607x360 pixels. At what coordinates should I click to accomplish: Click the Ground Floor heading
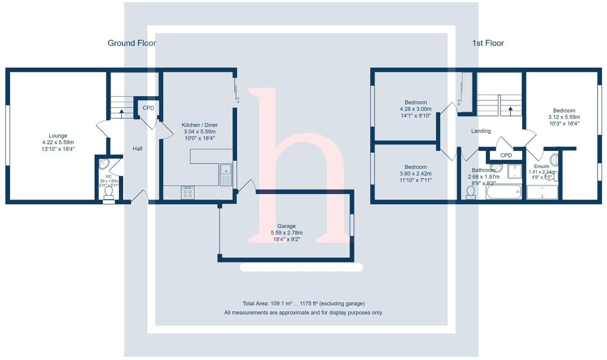(132, 43)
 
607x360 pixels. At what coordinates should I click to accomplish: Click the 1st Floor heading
(488, 43)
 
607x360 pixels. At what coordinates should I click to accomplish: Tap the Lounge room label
(58, 136)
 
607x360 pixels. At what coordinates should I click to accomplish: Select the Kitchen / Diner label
(199, 125)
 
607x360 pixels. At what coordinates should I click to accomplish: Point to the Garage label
(286, 226)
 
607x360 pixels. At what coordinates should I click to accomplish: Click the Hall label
(137, 149)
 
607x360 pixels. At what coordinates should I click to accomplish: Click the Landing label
(481, 131)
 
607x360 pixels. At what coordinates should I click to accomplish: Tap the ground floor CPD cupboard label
(148, 108)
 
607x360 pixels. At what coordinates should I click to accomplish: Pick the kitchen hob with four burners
(187, 193)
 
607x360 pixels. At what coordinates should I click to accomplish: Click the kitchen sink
(226, 174)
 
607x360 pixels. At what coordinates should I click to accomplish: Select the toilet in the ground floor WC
(109, 192)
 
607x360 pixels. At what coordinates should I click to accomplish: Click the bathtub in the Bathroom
(504, 192)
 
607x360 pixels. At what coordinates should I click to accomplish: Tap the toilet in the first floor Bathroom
(470, 192)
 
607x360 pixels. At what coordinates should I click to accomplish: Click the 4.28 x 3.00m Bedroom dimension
(415, 109)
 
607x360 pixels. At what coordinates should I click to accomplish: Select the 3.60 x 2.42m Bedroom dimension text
(415, 174)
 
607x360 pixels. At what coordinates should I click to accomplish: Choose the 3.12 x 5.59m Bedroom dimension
(564, 117)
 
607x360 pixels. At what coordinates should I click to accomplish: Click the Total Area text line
(303, 303)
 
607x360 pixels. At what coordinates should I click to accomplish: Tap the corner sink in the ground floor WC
(104, 164)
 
